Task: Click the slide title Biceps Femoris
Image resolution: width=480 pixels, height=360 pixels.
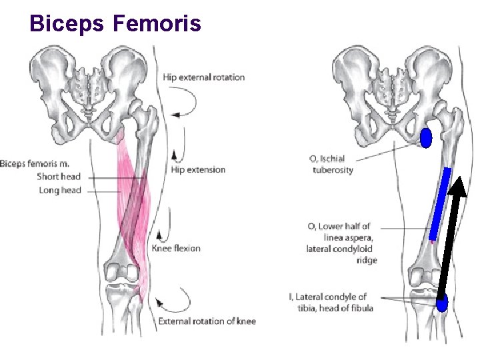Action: tap(115, 23)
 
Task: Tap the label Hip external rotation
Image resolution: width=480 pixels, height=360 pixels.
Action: tap(203, 77)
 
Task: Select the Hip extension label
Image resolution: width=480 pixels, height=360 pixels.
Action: tap(198, 170)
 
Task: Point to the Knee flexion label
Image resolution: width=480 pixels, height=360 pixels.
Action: tap(176, 249)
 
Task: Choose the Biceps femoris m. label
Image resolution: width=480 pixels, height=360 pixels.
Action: tap(35, 163)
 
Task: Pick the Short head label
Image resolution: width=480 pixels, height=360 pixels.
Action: tap(59, 177)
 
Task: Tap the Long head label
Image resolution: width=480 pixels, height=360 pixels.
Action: tap(59, 190)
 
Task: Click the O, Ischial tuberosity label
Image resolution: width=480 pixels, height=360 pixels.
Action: tap(331, 164)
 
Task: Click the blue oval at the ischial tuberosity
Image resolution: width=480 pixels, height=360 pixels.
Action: tap(427, 138)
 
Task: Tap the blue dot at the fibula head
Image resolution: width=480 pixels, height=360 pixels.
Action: tap(441, 304)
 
